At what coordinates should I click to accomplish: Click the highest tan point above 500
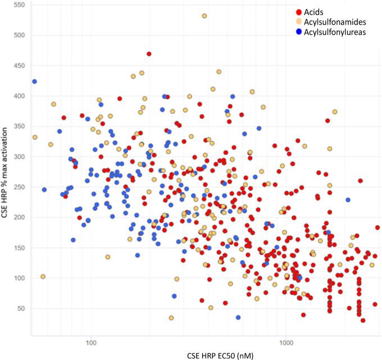(x=204, y=16)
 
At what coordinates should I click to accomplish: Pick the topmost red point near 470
(x=149, y=54)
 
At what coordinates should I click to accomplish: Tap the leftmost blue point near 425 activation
(x=34, y=81)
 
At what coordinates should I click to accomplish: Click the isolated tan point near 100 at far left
(x=43, y=276)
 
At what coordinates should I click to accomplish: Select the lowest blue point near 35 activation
(x=238, y=317)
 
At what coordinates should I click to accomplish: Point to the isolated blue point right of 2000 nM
(x=348, y=200)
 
